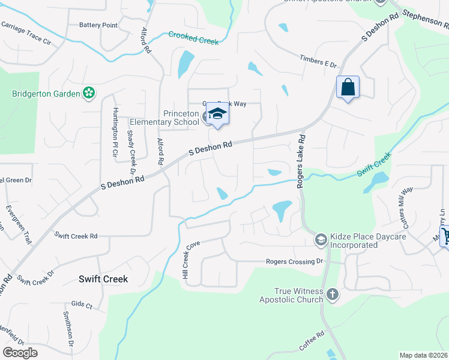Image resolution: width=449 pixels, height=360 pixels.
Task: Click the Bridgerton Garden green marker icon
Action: pyautogui.click(x=89, y=93)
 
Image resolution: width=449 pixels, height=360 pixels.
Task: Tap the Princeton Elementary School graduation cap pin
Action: pyautogui.click(x=217, y=113)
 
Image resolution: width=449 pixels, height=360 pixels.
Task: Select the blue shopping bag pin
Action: pyautogui.click(x=348, y=88)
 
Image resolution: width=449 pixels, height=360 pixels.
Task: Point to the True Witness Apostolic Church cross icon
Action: pyautogui.click(x=333, y=295)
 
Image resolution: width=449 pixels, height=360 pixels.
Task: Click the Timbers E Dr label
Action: pyautogui.click(x=318, y=61)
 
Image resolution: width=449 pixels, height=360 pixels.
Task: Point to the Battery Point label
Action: pyautogui.click(x=98, y=25)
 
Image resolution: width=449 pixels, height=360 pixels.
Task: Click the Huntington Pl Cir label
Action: pyautogui.click(x=115, y=133)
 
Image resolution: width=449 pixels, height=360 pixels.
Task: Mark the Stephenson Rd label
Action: pyautogui.click(x=426, y=20)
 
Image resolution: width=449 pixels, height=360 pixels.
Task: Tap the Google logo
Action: pyautogui.click(x=20, y=353)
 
